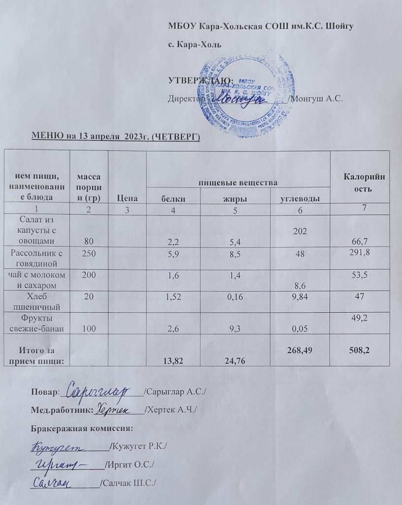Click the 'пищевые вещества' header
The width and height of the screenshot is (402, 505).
239,183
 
